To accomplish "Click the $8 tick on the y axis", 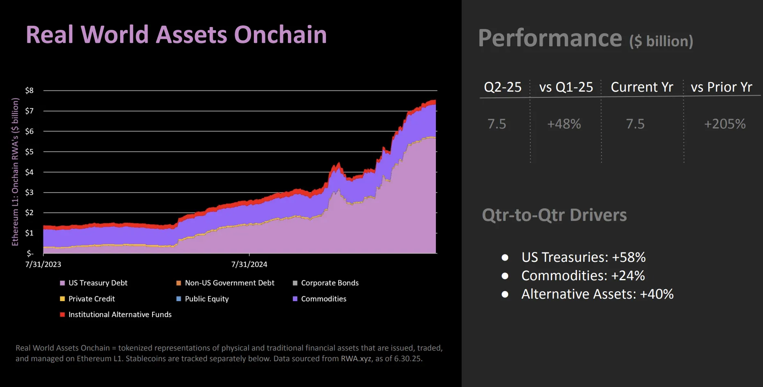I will (29, 90).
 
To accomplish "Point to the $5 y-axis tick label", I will (29, 152).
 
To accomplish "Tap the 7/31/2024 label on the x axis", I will (249, 264).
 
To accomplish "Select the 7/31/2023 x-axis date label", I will (43, 264).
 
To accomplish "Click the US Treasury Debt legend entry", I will (98, 283).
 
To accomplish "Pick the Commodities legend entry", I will (323, 299).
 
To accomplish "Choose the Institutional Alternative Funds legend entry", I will (120, 315).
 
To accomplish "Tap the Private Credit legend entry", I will (92, 299).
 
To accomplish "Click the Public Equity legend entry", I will (206, 299).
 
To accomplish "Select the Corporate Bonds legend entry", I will (330, 283).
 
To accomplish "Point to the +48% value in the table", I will (564, 124).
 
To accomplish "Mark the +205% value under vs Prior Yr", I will (725, 124).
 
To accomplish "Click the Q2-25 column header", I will (503, 87).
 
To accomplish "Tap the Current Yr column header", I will (642, 87).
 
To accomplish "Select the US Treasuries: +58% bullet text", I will (583, 257).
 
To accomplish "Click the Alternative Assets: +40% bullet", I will (597, 294).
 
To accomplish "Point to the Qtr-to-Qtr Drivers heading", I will (554, 215).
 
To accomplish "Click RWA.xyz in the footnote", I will (356, 359).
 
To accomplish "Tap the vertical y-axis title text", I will (15, 172).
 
